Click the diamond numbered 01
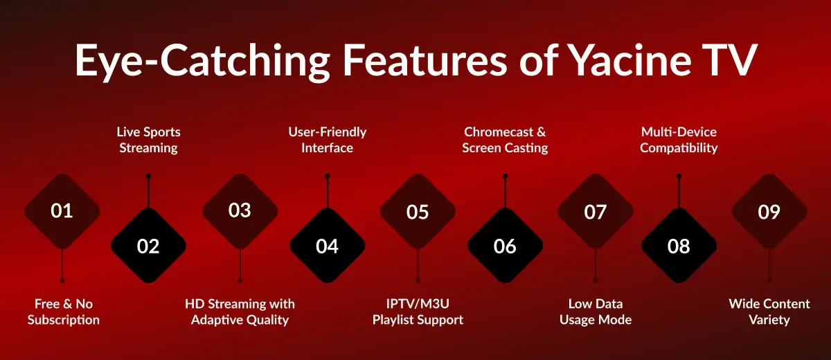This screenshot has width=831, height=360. (62, 211)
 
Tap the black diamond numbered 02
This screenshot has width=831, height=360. (148, 246)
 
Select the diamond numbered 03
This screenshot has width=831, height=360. (240, 211)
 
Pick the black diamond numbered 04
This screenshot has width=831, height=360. (327, 246)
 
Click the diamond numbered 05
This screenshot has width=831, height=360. (418, 211)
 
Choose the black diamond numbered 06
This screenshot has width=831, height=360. (505, 246)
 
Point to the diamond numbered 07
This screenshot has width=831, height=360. (595, 211)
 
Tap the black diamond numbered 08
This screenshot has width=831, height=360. (679, 246)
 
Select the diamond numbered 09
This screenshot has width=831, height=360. (769, 211)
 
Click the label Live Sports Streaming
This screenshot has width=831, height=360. (148, 139)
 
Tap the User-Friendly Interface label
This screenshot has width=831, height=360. (327, 139)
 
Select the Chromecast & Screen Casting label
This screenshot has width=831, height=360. (505, 139)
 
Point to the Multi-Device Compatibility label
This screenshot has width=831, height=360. (679, 139)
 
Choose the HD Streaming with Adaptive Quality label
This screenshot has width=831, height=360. (240, 312)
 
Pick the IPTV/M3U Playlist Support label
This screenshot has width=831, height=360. (418, 312)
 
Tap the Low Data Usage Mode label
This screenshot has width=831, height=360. (596, 312)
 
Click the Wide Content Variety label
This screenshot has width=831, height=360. (769, 312)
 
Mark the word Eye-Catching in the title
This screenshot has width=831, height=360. (201, 61)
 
